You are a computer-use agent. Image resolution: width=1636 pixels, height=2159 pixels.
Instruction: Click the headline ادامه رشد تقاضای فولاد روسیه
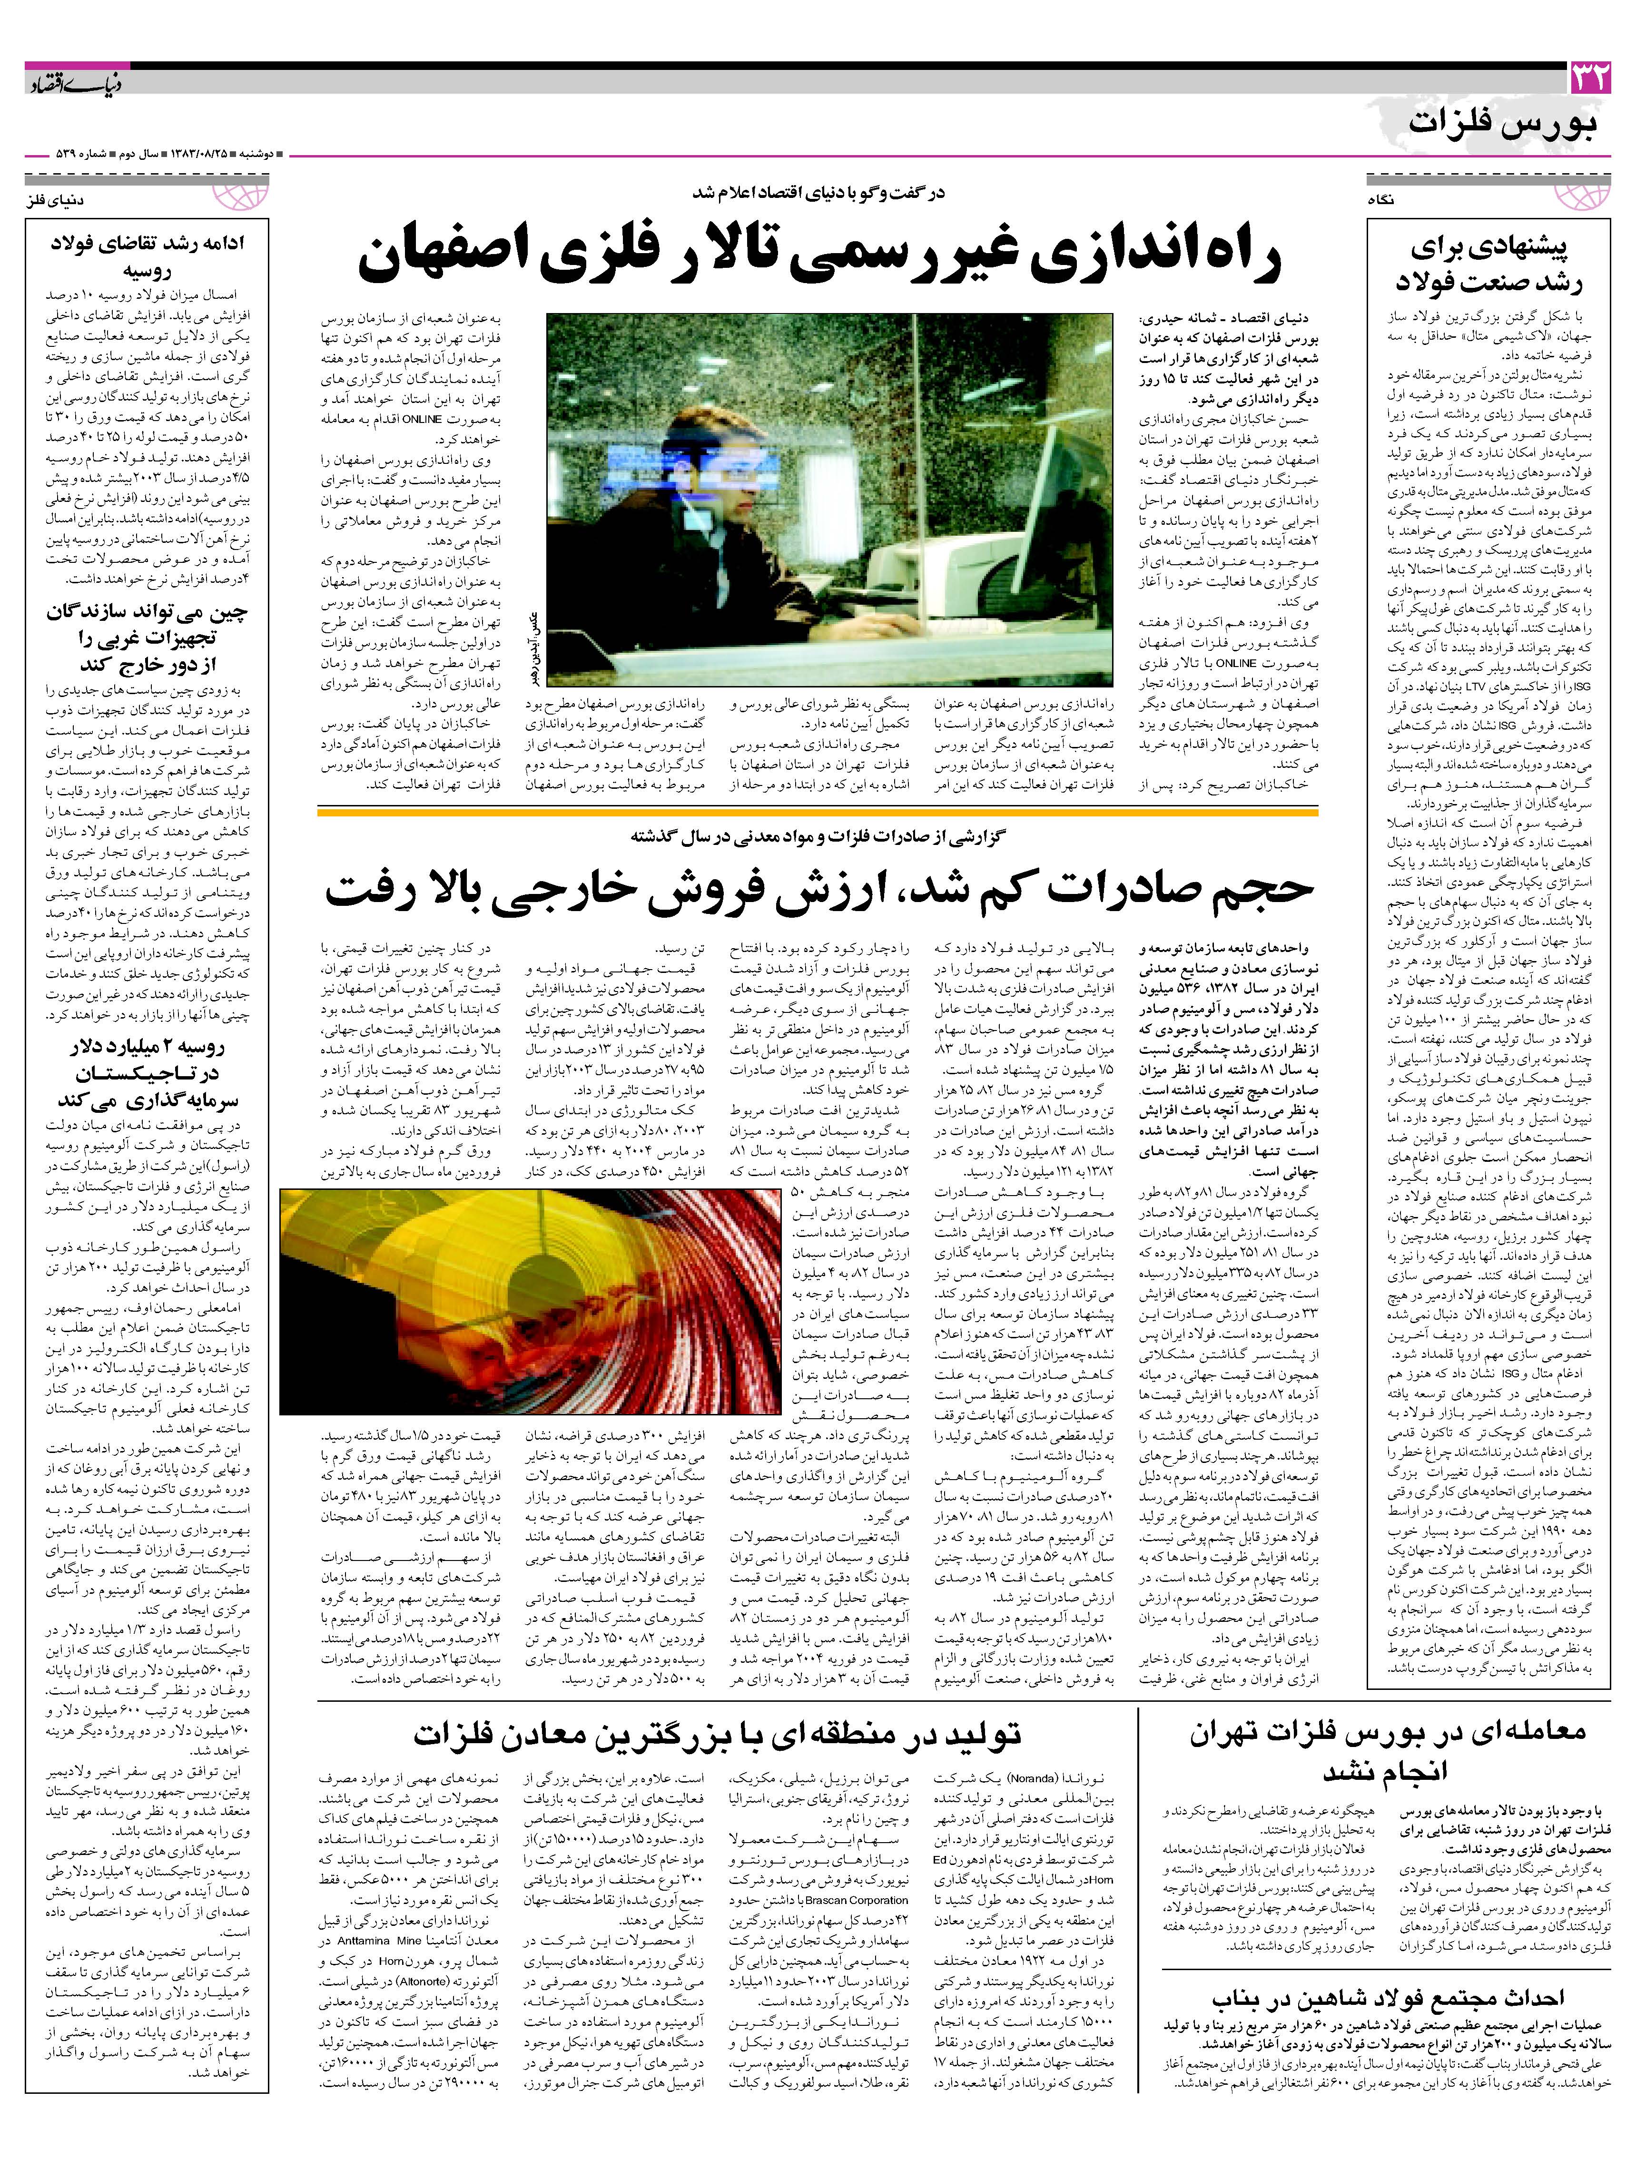click(x=147, y=256)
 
